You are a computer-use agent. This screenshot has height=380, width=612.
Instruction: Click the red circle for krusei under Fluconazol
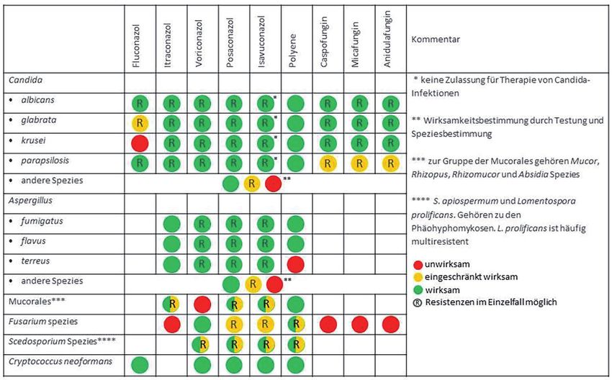tap(139, 143)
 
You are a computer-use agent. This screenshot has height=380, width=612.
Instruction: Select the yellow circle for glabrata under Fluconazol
tap(139, 123)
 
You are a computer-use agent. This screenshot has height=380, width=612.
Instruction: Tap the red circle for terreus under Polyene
tap(295, 263)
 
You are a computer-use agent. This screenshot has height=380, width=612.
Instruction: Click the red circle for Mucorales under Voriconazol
tap(202, 304)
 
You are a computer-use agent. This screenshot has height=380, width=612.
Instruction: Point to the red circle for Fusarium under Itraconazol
tap(171, 324)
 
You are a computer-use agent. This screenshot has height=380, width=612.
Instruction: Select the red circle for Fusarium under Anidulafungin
tap(390, 324)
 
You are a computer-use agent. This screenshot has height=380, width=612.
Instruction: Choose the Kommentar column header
tap(436, 40)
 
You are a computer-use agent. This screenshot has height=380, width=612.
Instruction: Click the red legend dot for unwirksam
tap(417, 264)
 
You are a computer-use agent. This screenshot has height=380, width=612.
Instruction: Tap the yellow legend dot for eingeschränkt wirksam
tap(417, 277)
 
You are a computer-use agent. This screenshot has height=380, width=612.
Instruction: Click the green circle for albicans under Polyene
tap(295, 103)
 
